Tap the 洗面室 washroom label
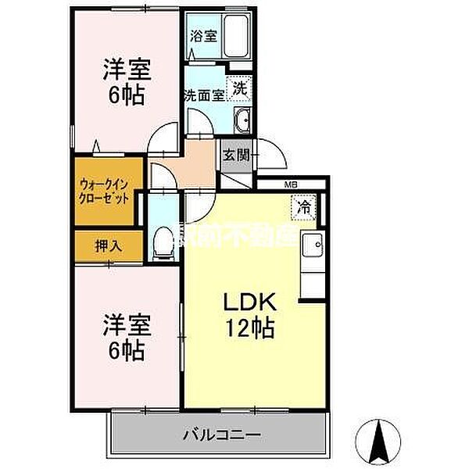[x=204, y=95]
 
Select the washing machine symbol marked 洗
[x=241, y=88]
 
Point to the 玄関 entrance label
[x=235, y=154]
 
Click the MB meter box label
[x=291, y=184]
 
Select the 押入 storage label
[x=108, y=245]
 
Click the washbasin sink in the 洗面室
[x=242, y=121]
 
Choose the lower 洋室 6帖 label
[x=125, y=337]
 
